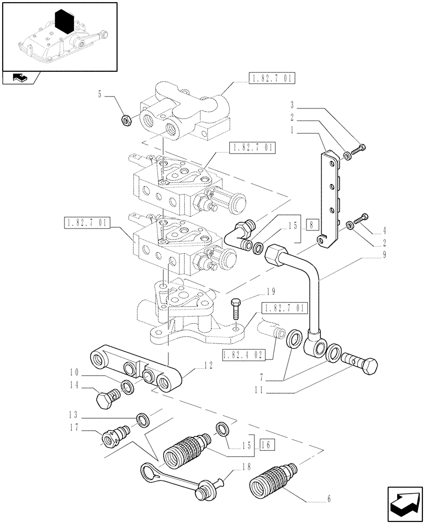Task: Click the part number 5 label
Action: [99, 95]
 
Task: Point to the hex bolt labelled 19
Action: [236, 311]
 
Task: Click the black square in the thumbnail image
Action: [63, 21]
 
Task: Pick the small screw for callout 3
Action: [360, 150]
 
